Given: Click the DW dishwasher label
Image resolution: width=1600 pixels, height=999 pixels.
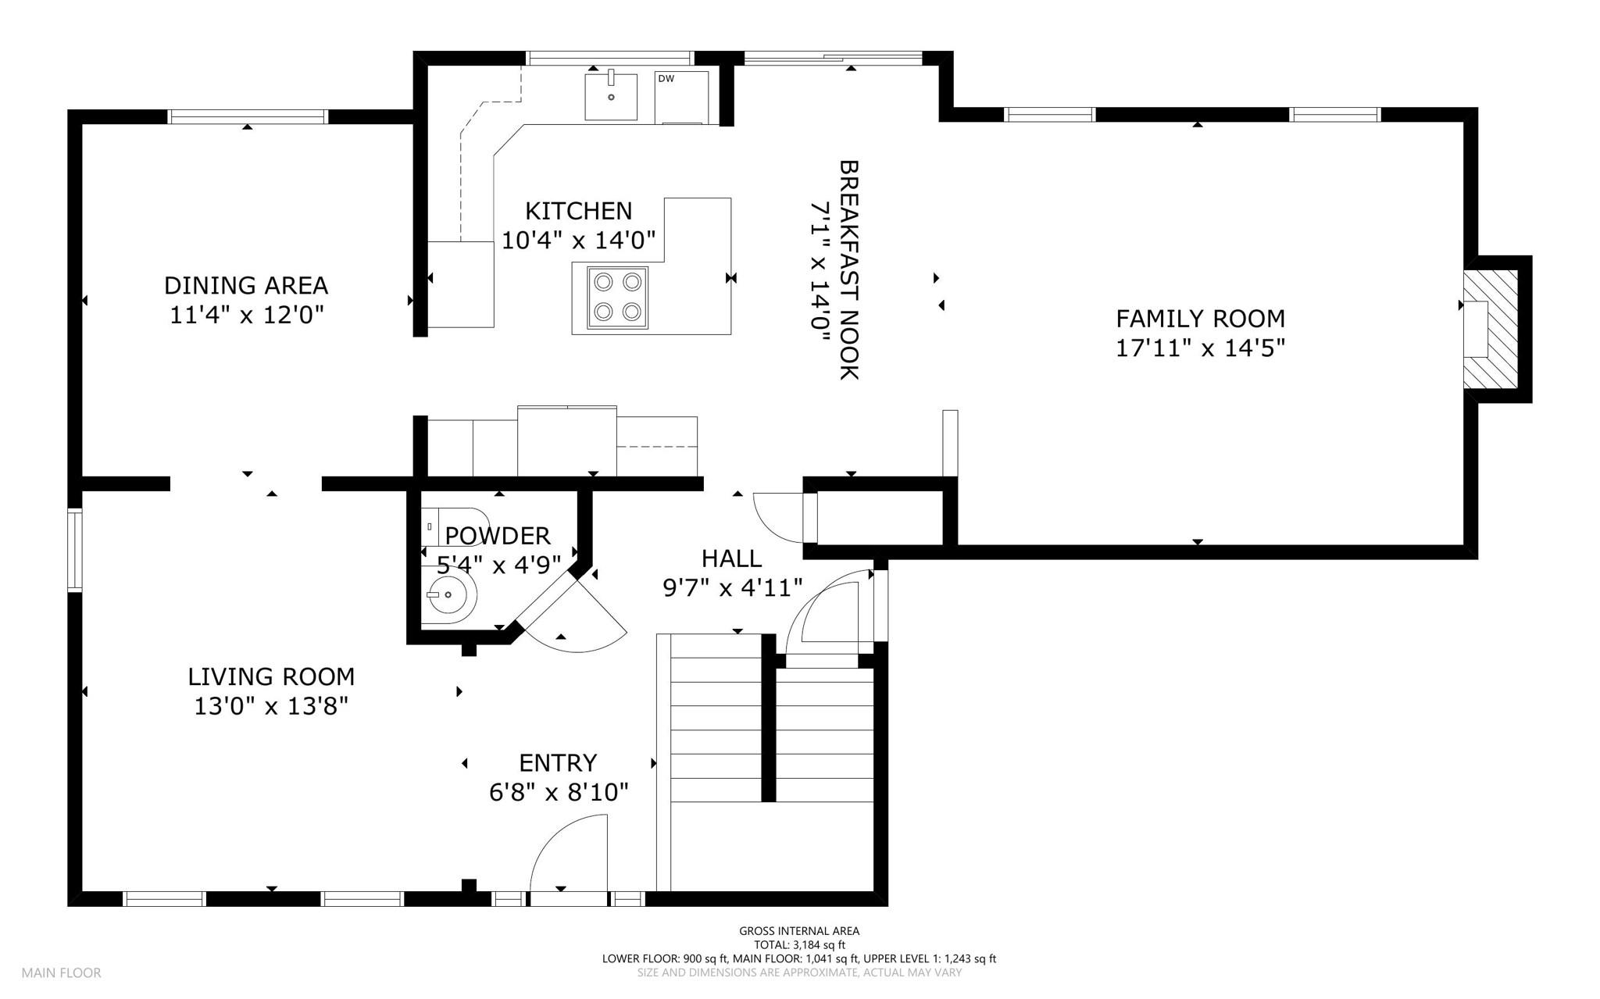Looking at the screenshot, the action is tap(666, 79).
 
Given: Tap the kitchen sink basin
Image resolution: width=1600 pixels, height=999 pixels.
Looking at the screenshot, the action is tap(611, 96).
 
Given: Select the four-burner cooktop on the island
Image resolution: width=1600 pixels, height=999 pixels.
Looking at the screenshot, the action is tap(617, 298).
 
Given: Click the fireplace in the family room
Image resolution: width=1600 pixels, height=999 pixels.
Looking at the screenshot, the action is tap(1490, 329).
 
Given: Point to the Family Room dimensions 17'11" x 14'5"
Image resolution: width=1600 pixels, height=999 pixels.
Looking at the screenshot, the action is tap(1200, 348).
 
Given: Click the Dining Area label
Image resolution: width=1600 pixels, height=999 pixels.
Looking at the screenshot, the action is tap(246, 285).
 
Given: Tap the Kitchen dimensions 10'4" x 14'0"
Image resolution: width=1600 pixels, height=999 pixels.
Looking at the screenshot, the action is tap(578, 240).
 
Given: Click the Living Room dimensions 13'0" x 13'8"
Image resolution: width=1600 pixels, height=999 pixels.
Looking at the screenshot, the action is tap(271, 706).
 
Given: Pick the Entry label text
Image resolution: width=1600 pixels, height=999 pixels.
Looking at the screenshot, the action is tap(558, 762).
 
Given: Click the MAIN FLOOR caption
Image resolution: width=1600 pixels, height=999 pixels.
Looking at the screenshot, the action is tap(62, 973).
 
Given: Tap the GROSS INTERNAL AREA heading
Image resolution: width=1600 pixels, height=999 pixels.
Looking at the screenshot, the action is tap(799, 931).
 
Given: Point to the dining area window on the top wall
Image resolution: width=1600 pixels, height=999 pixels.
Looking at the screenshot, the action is tap(248, 116).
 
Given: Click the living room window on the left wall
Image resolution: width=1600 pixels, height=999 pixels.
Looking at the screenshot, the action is tap(74, 550).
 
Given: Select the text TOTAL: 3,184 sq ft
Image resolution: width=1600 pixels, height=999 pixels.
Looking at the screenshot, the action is tap(799, 945).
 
